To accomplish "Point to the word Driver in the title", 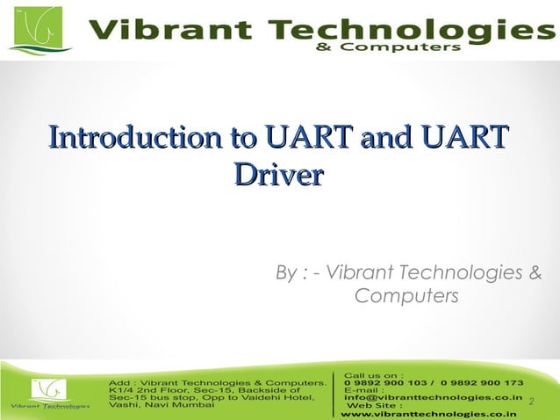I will pos(278,173).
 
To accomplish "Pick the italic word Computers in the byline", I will pos(406,297).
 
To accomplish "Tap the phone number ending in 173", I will pos(484,383).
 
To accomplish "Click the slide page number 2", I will pos(532,401).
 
